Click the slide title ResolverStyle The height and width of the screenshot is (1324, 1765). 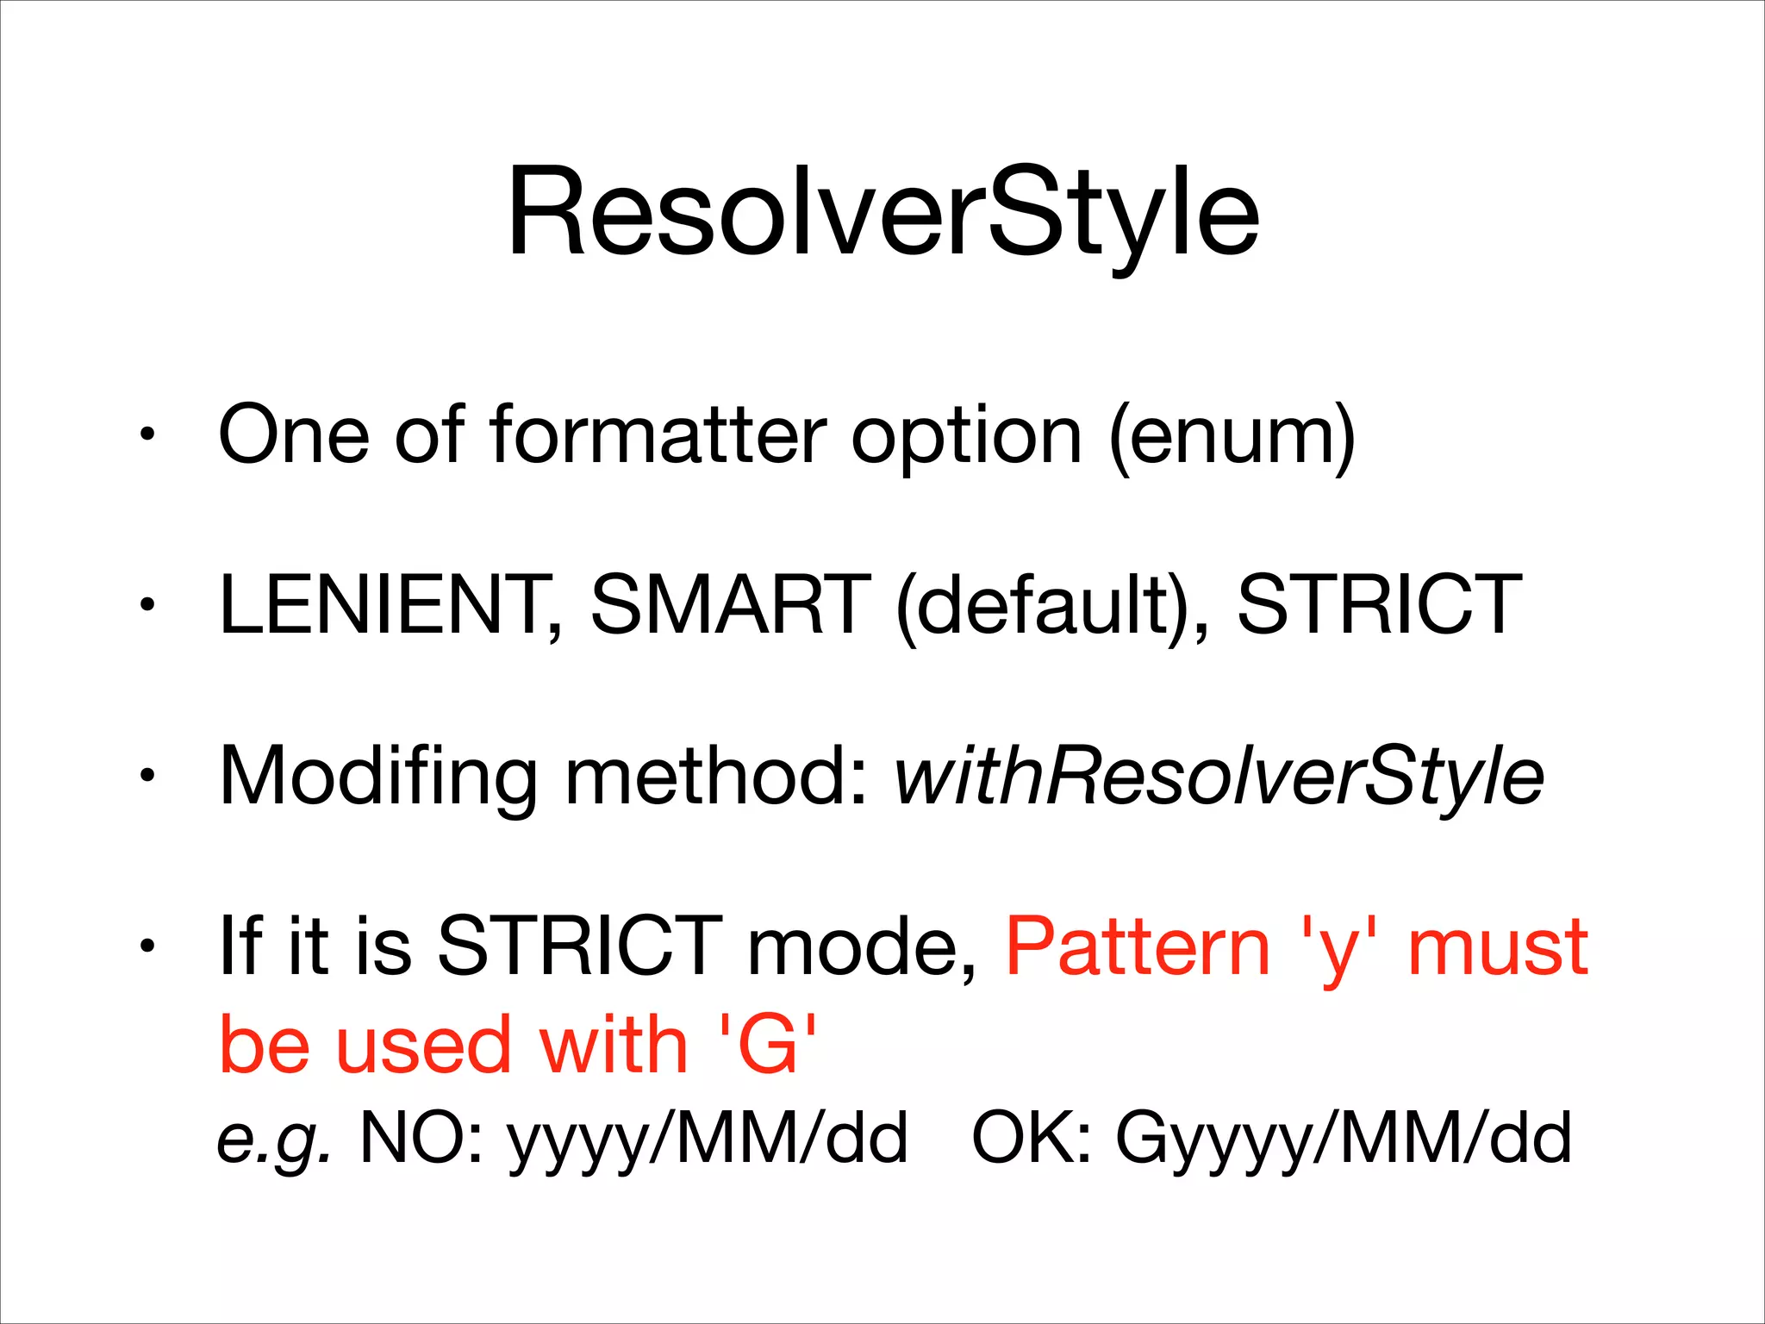click(x=882, y=214)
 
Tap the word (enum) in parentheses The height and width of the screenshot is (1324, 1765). click(x=1232, y=438)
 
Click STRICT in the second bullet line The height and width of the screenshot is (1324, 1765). click(x=1379, y=605)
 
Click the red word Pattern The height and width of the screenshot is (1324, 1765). click(x=1138, y=946)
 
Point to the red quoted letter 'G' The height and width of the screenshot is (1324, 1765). click(x=767, y=1045)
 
